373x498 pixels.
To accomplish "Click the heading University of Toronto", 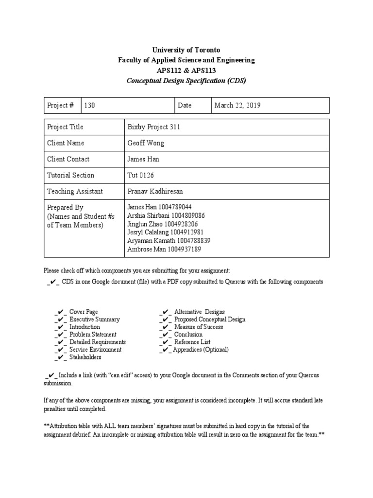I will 186,50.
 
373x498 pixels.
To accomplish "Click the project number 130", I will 90,106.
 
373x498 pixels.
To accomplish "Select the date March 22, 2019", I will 238,106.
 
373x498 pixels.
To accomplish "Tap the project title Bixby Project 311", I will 153,127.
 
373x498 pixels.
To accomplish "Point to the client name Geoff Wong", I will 145,143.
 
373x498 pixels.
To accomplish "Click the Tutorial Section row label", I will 70,175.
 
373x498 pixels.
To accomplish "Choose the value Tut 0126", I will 141,175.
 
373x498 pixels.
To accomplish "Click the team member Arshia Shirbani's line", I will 166,215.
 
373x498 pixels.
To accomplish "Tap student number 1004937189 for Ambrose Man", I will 185,249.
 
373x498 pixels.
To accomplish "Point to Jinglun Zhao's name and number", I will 163,224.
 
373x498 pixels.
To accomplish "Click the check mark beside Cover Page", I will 60,312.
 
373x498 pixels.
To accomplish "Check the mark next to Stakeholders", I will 60,357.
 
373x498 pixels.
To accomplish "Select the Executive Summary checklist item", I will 94,320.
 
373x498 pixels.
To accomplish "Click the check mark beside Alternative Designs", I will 165,312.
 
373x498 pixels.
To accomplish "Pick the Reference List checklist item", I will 193,342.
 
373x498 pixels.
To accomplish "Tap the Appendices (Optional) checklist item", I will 201,350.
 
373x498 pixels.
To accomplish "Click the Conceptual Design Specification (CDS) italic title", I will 186,80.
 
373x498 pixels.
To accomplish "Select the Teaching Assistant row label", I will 75,191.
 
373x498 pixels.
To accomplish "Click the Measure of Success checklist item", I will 199,327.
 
